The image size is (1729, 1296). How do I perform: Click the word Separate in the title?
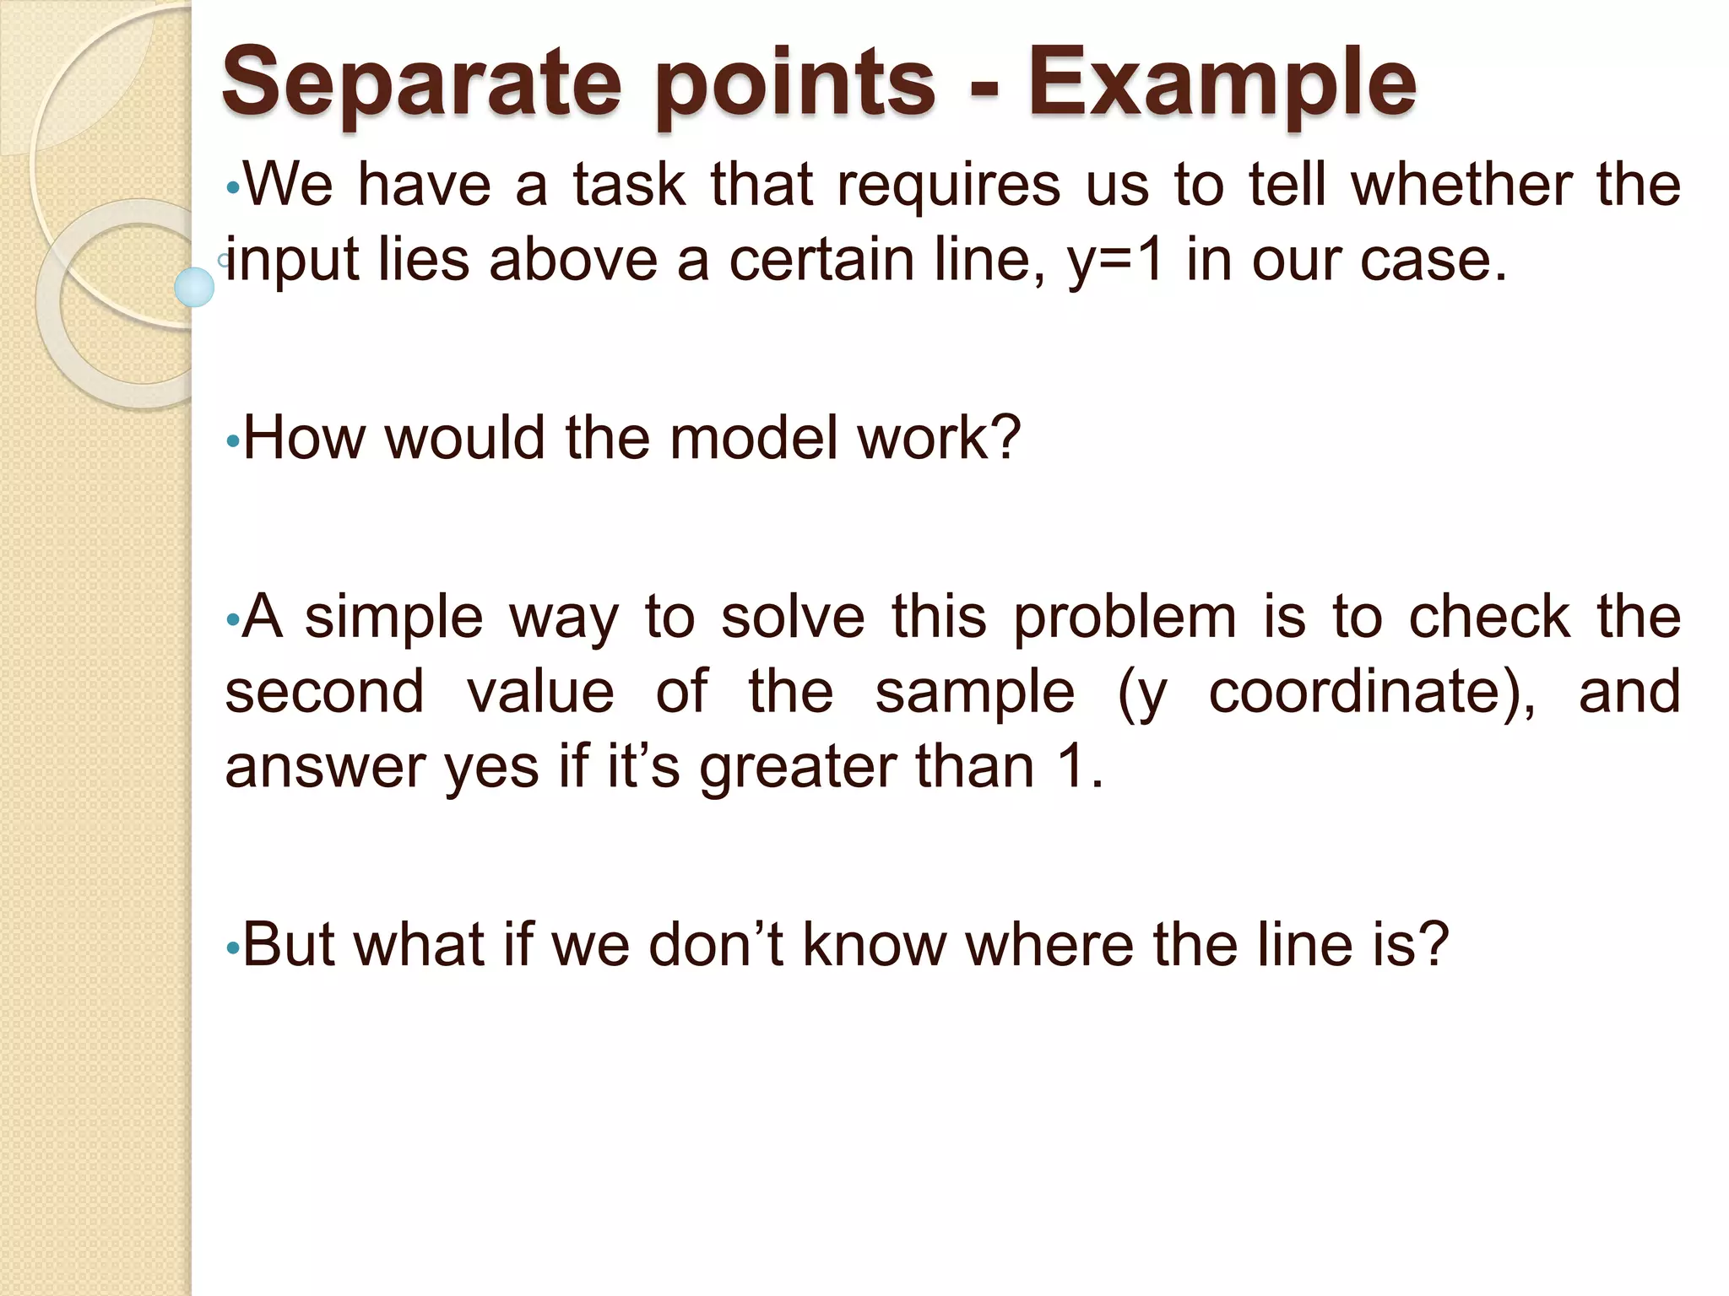tap(420, 83)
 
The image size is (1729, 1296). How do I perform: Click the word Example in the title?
tap(1222, 83)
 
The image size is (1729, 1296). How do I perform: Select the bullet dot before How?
tap(233, 441)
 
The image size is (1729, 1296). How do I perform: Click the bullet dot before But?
tap(233, 948)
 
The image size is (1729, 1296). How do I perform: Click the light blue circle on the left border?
tap(194, 287)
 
